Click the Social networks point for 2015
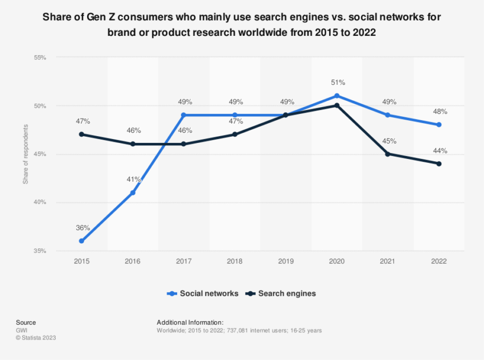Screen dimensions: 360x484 (x=81, y=241)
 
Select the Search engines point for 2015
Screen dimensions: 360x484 (x=81, y=134)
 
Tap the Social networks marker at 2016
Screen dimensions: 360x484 (x=133, y=193)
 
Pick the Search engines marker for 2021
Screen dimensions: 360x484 (x=388, y=154)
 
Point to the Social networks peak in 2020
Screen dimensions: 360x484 (x=337, y=96)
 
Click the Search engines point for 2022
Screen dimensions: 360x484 (x=439, y=163)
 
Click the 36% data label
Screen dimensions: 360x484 (x=83, y=228)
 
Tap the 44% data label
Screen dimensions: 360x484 (x=440, y=151)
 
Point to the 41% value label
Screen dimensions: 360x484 (x=134, y=179)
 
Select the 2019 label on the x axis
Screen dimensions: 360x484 (x=286, y=261)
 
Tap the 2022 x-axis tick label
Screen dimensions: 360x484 (x=439, y=261)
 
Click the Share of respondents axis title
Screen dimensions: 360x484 (x=25, y=154)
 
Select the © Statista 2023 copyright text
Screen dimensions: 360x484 (x=36, y=337)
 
